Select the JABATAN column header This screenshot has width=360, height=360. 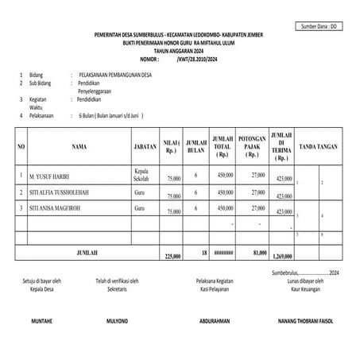(x=145, y=147)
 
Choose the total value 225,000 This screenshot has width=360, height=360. (x=173, y=256)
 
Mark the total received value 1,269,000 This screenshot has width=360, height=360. (x=283, y=257)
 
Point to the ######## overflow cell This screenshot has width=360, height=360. (x=224, y=253)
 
